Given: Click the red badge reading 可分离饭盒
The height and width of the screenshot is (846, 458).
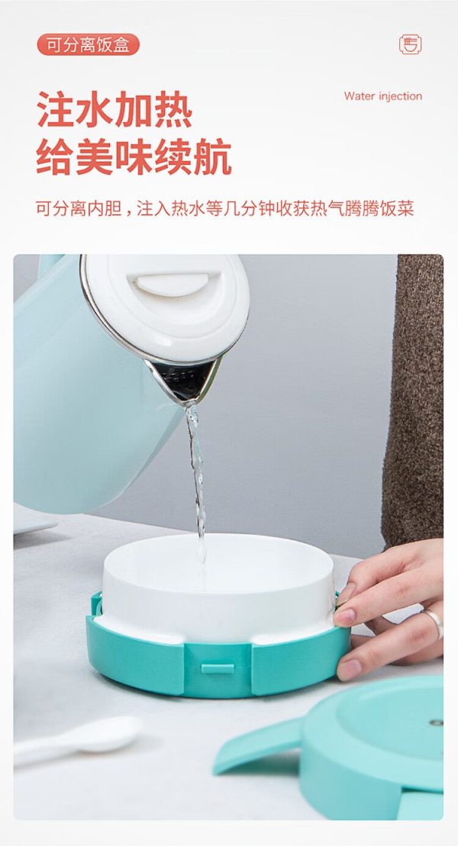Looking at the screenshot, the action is pos(88,45).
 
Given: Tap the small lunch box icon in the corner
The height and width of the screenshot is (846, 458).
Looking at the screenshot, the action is pos(411,44).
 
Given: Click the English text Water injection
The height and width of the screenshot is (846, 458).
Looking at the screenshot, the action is pos(383,97).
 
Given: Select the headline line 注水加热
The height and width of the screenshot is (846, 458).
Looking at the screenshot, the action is pos(114,110).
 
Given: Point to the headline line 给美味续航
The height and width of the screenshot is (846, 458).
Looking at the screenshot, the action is pos(134,157).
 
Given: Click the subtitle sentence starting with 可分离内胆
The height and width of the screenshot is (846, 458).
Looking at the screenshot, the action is pos(225,209).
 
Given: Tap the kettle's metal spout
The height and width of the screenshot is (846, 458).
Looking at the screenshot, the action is pos(184,381).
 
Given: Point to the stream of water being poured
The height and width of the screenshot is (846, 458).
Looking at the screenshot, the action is pos(198,486).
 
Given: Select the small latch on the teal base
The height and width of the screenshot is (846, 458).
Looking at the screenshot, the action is pos(218,668).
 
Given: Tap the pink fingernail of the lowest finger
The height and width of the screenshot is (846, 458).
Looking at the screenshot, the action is pos(348,670).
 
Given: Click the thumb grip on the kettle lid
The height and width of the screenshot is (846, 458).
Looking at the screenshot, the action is pos(171,282).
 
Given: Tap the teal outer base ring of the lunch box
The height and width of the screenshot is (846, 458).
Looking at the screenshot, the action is pos(216,664).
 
